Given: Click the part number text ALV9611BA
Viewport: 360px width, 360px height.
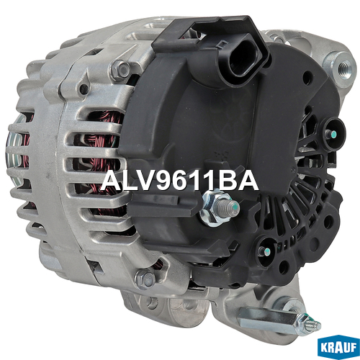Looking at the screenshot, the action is tap(179, 181).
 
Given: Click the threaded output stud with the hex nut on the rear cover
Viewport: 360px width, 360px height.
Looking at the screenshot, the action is tap(220, 207).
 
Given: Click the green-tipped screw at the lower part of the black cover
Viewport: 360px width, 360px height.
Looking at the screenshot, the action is tap(266, 251).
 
